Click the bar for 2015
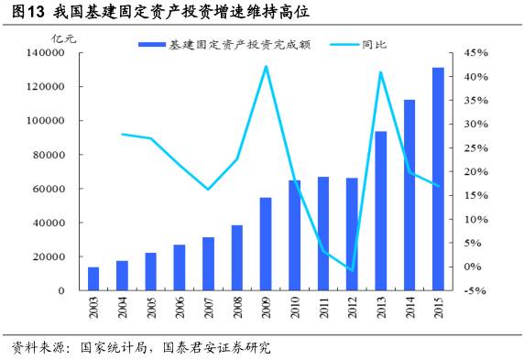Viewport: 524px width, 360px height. tap(438, 179)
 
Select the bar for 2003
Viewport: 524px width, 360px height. tap(93, 278)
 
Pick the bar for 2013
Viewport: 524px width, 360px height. tap(380, 211)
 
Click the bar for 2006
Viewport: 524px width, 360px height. tap(180, 267)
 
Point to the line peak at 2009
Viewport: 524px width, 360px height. tap(266, 66)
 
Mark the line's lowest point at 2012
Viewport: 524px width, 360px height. tap(352, 270)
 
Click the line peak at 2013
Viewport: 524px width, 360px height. tap(380, 72)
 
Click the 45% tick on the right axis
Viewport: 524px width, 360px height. tap(479, 53)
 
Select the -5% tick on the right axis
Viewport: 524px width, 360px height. tap(479, 290)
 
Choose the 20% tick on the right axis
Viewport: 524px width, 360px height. tap(479, 172)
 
